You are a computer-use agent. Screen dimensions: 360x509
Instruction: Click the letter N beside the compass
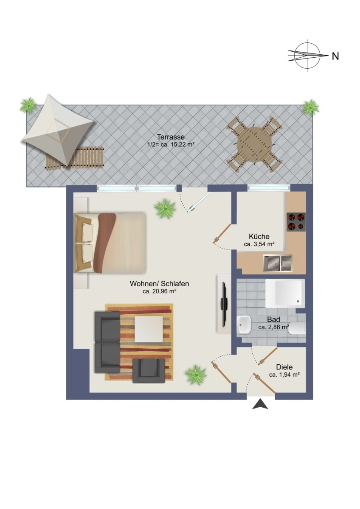(x=335, y=56)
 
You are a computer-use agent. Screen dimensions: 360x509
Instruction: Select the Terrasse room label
(x=171, y=137)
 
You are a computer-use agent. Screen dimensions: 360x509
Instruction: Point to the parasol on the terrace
(x=58, y=129)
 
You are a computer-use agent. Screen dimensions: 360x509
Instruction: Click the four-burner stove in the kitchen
(x=295, y=222)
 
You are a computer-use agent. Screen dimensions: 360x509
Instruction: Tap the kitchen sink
(x=278, y=263)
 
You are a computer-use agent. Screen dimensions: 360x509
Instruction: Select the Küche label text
(x=259, y=236)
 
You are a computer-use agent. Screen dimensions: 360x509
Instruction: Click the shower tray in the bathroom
(x=285, y=293)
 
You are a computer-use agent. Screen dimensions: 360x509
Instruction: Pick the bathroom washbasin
(x=244, y=325)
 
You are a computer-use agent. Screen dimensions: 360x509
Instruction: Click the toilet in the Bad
(x=298, y=329)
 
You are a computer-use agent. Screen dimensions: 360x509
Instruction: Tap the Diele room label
(x=284, y=367)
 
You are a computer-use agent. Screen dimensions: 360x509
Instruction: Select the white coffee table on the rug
(x=149, y=329)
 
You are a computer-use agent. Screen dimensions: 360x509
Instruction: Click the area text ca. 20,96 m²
(x=160, y=291)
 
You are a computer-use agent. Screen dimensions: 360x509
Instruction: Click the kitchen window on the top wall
(x=269, y=188)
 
